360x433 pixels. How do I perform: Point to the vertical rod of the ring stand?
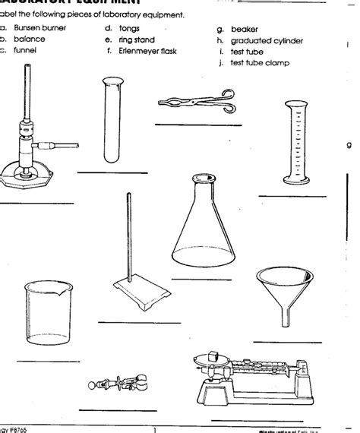tap(125, 235)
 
